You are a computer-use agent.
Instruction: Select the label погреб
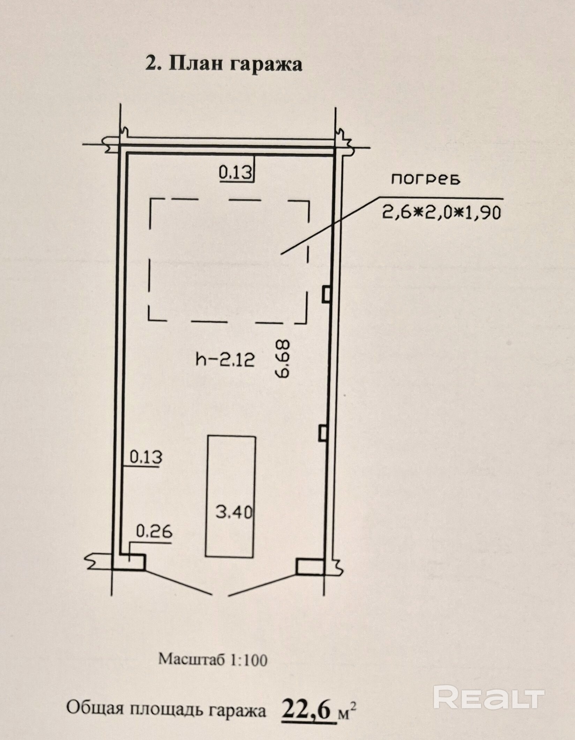(x=426, y=179)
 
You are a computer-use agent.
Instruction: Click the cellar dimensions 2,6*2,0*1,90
(x=442, y=212)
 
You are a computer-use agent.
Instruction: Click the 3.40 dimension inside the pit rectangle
(x=234, y=513)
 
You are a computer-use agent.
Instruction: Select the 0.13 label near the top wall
(x=235, y=172)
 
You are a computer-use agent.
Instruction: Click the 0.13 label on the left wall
(x=146, y=457)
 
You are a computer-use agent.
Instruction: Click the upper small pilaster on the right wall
(x=326, y=293)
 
